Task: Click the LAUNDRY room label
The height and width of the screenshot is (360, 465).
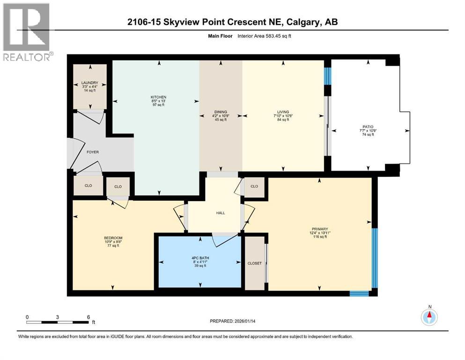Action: [x=89, y=83]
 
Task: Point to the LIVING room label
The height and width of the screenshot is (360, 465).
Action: [x=282, y=112]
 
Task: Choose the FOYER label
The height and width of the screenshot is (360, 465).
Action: [x=92, y=152]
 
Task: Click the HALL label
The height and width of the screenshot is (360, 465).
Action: [x=221, y=213]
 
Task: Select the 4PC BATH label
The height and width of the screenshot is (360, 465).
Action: [x=200, y=258]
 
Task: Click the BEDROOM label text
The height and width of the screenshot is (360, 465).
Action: [x=113, y=238]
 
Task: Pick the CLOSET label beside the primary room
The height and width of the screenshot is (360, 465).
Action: [x=254, y=263]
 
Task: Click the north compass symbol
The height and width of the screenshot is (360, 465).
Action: [x=429, y=317]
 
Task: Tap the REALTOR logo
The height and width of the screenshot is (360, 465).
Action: [x=27, y=33]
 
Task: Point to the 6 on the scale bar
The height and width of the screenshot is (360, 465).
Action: [x=88, y=317]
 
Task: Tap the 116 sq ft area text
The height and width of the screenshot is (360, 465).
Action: [x=320, y=237]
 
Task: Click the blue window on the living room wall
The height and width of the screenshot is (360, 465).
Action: [x=328, y=75]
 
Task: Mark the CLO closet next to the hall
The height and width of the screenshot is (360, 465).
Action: [x=254, y=186]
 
